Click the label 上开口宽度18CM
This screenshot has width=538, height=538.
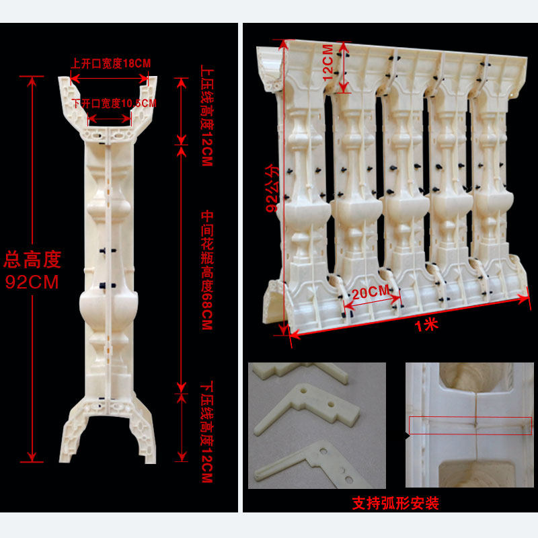point(110,63)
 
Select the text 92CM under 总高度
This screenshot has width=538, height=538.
point(32,282)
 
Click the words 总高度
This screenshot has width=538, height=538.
point(32,258)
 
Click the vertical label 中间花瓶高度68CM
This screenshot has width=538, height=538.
point(206,269)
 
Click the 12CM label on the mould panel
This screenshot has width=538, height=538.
point(328,64)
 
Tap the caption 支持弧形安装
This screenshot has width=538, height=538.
point(395,503)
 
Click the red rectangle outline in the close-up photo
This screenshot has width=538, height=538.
point(471,426)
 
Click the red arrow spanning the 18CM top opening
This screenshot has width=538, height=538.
point(110,75)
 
